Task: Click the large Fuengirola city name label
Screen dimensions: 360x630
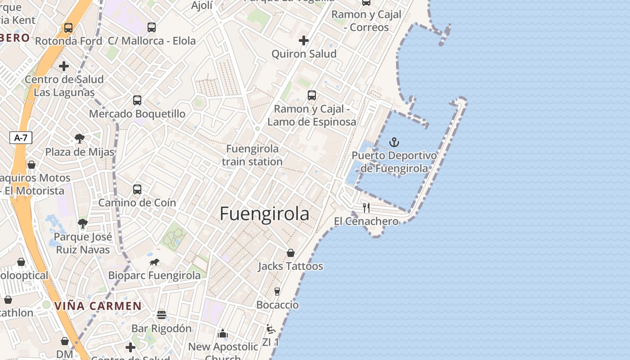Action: (265, 214)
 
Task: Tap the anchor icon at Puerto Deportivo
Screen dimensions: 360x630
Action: (394, 142)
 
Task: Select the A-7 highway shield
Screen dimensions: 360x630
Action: (21, 138)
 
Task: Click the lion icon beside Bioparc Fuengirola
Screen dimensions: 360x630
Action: (154, 262)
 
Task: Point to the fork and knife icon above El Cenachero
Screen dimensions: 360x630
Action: (366, 207)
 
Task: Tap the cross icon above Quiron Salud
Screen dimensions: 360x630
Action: (304, 40)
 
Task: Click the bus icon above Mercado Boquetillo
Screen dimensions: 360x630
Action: (137, 100)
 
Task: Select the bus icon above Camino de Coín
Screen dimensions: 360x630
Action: (137, 189)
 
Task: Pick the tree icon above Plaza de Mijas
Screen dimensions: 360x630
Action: (80, 138)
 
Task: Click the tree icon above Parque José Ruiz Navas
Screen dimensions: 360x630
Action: (83, 223)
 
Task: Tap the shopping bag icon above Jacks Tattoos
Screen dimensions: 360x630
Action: (291, 253)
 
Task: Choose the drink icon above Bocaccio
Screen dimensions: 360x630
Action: (277, 292)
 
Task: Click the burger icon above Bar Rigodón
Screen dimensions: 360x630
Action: (162, 315)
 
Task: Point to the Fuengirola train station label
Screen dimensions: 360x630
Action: (252, 155)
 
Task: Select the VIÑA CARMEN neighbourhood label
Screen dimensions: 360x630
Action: (98, 306)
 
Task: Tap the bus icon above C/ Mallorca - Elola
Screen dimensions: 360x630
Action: (152, 27)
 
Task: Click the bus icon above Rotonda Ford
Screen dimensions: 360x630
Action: (68, 28)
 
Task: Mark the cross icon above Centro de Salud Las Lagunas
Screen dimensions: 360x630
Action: (64, 66)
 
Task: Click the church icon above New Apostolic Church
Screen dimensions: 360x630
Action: (223, 333)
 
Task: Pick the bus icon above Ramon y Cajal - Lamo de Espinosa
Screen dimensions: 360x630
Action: (312, 95)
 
